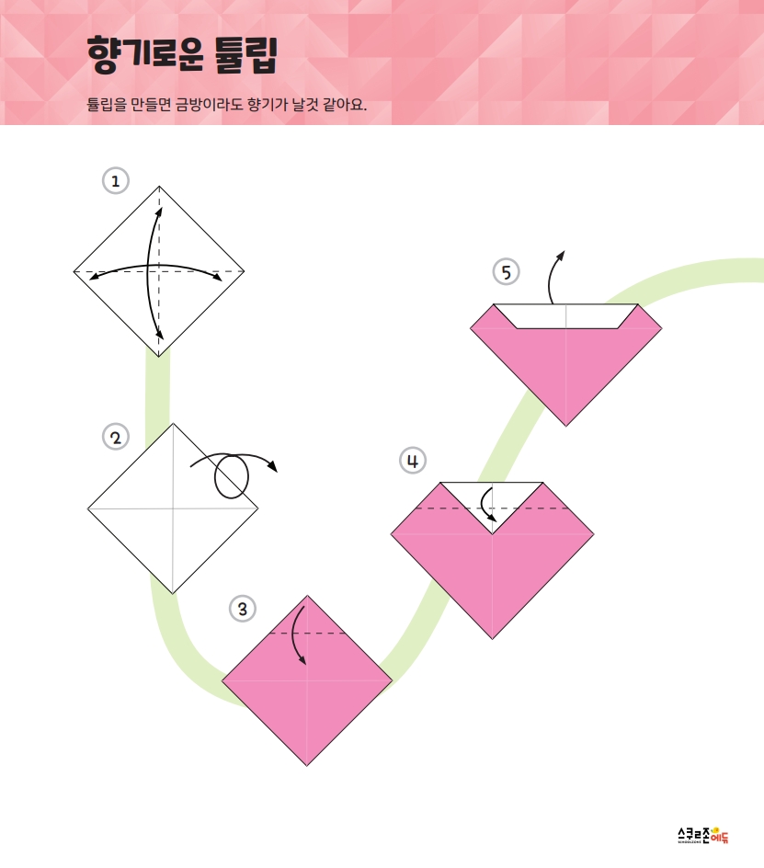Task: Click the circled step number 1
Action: (x=116, y=181)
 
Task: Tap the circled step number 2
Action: (x=116, y=438)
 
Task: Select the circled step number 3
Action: (x=243, y=609)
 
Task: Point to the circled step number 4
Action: (x=413, y=461)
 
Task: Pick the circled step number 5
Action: (x=506, y=272)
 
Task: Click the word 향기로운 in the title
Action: (x=145, y=55)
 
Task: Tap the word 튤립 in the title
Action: (x=245, y=55)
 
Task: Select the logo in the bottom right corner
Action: (x=703, y=835)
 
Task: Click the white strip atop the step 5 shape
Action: (x=565, y=315)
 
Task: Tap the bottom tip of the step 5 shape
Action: (x=565, y=426)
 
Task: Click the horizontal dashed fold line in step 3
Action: (x=307, y=633)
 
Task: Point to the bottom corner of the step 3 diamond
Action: (x=307, y=766)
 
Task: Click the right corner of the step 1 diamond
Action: (x=245, y=271)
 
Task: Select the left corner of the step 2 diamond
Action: (x=87, y=508)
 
